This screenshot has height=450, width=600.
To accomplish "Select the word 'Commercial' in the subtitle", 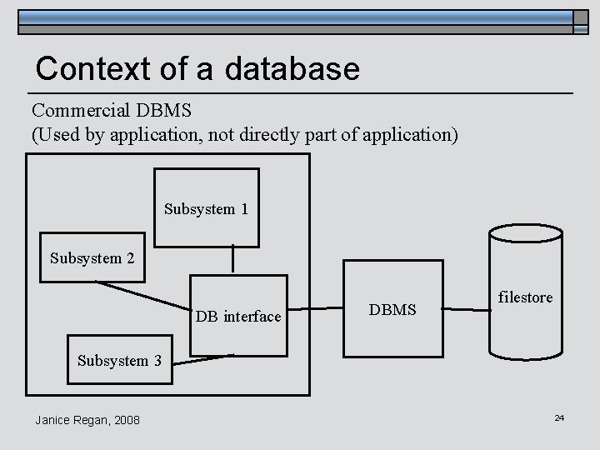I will [x=78, y=111].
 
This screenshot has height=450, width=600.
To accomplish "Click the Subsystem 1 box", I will [x=206, y=207].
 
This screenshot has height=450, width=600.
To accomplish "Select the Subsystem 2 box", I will [x=92, y=257].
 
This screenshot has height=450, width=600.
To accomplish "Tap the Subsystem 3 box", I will [x=119, y=360].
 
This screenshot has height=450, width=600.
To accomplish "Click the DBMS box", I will [x=393, y=310].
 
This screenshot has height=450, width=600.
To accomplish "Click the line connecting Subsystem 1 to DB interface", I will [x=232, y=260].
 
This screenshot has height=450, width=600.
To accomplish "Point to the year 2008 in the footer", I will [x=126, y=419].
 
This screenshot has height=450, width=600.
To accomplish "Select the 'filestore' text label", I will [x=525, y=297].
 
